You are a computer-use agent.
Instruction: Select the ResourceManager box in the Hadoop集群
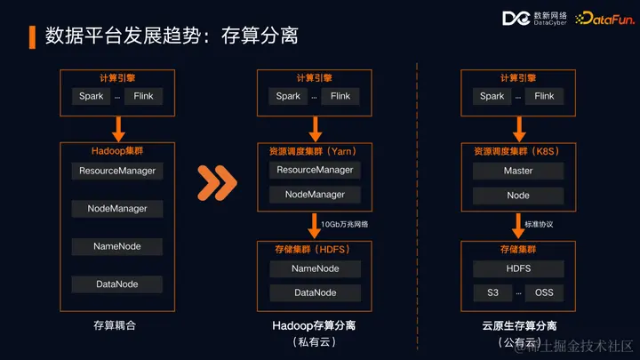coord(117,171)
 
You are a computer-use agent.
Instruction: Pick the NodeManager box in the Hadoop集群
coord(117,209)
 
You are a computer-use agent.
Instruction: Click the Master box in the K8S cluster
coord(518,171)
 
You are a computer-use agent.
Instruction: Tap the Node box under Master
coord(518,196)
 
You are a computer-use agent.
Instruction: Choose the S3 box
coord(492,292)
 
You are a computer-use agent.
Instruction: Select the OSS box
coord(544,292)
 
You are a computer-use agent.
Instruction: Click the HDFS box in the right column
coord(518,268)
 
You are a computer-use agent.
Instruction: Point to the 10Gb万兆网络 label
coord(344,224)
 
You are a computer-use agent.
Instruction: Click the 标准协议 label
coord(539,224)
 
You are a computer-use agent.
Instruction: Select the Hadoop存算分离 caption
coord(315,326)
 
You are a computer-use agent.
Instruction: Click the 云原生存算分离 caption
coord(519,326)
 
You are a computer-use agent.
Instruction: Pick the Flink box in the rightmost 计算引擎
coord(544,96)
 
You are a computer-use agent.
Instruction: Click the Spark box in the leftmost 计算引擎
coord(91,96)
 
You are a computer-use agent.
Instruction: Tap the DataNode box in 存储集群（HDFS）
coord(315,292)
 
